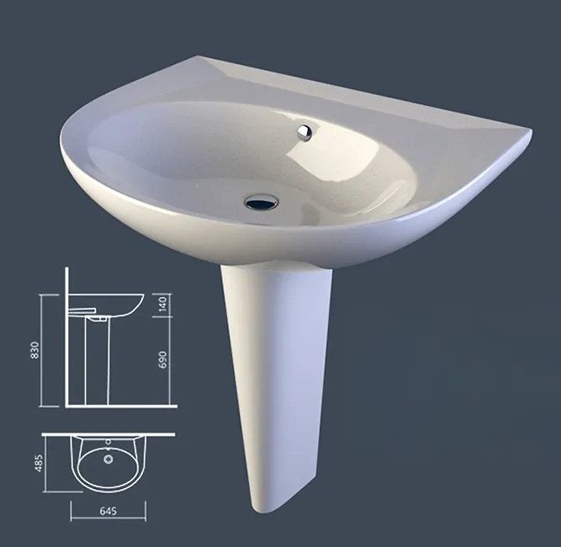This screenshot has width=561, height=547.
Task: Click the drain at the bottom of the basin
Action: pos(261,201)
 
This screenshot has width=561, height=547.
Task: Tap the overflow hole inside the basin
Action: pos(304,131)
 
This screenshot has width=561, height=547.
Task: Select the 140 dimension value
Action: pos(163,305)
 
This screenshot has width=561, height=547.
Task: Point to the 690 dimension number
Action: pos(163,360)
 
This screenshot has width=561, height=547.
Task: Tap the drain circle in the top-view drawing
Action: pos(108,459)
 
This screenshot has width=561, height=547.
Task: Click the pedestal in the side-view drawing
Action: pos(98,362)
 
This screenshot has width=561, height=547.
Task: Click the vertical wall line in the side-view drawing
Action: pos(66,337)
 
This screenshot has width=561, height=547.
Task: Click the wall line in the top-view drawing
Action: pos(109,435)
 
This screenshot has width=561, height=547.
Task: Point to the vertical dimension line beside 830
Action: pos(45,350)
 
